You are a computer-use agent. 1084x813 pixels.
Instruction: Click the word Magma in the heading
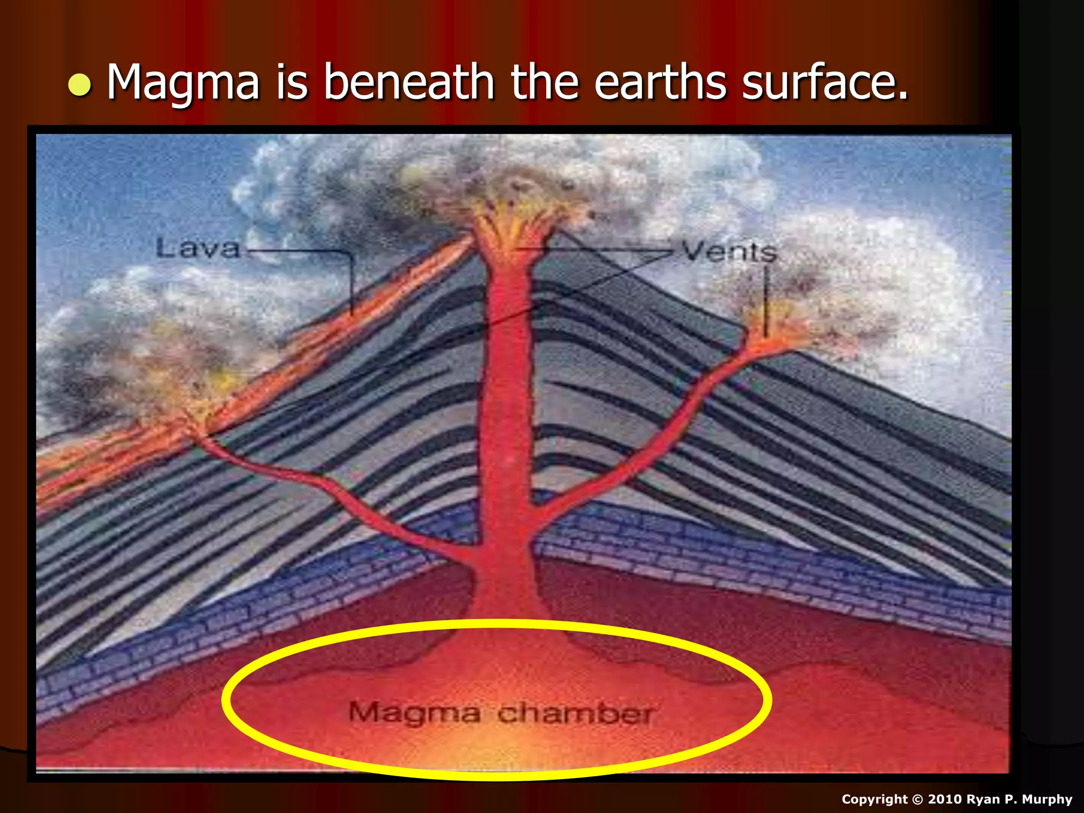click(183, 83)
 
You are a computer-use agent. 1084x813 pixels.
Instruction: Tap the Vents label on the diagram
click(729, 251)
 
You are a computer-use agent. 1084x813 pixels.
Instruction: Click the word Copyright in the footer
click(874, 799)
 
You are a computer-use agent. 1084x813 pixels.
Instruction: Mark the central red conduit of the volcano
click(505, 423)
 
